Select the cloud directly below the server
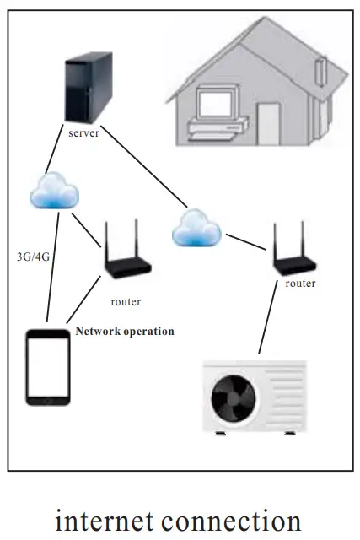pyautogui.click(x=53, y=192)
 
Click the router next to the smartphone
pyautogui.click(x=126, y=257)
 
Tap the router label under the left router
pyautogui.click(x=126, y=301)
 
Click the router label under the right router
pyautogui.click(x=300, y=283)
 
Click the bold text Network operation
pyautogui.click(x=125, y=332)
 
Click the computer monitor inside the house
pyautogui.click(x=210, y=103)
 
